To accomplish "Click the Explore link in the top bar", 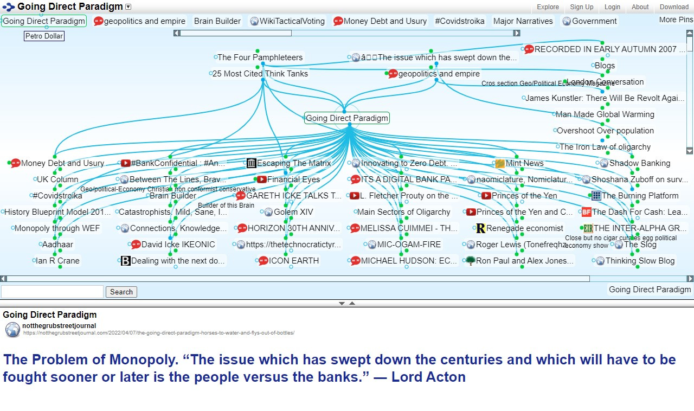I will pos(548,7).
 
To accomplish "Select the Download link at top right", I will pos(674,7).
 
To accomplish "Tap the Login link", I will pos(612,7).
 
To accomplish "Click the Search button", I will pos(121,292).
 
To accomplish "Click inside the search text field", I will pos(52,292).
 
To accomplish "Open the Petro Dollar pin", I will pos(44,36).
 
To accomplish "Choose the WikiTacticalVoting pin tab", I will pos(292,21).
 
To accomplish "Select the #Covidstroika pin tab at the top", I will pos(459,21).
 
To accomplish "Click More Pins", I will pos(676,20).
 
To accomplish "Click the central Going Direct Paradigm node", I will pos(347,118).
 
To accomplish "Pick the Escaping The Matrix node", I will pos(293,163).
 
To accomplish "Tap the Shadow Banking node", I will pos(639,163).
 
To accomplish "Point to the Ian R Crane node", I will pos(57,261).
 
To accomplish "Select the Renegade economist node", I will pos(524,228).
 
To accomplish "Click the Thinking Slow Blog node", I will pos(640,261).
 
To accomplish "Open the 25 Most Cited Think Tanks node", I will pos(260,74).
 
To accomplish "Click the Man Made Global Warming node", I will pos(605,114).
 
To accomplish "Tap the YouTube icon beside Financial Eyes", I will pos(261,179).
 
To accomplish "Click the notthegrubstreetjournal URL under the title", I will pos(159,333).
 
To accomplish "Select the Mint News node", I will pos(524,163).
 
